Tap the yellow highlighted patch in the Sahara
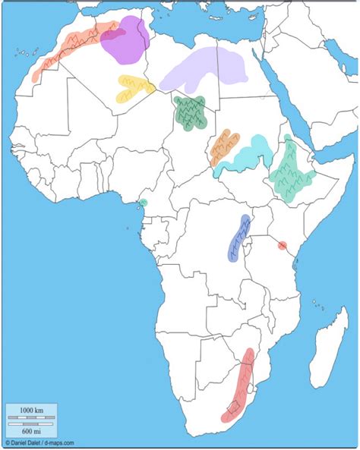132,88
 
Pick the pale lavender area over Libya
205,68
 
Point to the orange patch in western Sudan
225,146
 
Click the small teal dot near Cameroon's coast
143,203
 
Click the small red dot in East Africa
283,245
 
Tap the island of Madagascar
330,341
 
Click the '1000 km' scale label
32,411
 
